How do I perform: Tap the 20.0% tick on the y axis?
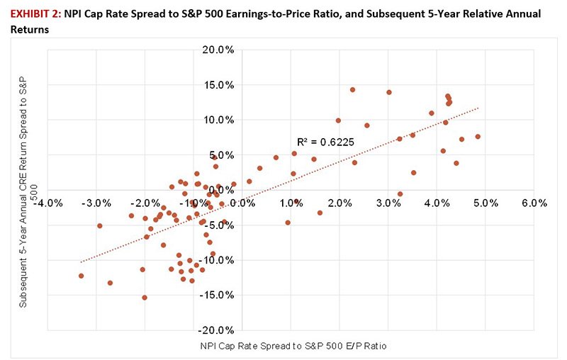coord(218,50)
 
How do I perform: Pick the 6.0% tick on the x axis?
coord(534,203)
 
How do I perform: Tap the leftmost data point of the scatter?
coord(81,276)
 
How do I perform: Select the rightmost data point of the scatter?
coord(478,136)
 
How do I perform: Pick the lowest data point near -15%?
coord(145,298)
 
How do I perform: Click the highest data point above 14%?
coord(352,90)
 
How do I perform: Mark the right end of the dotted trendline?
coord(480,108)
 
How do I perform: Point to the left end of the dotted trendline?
coord(80,262)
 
